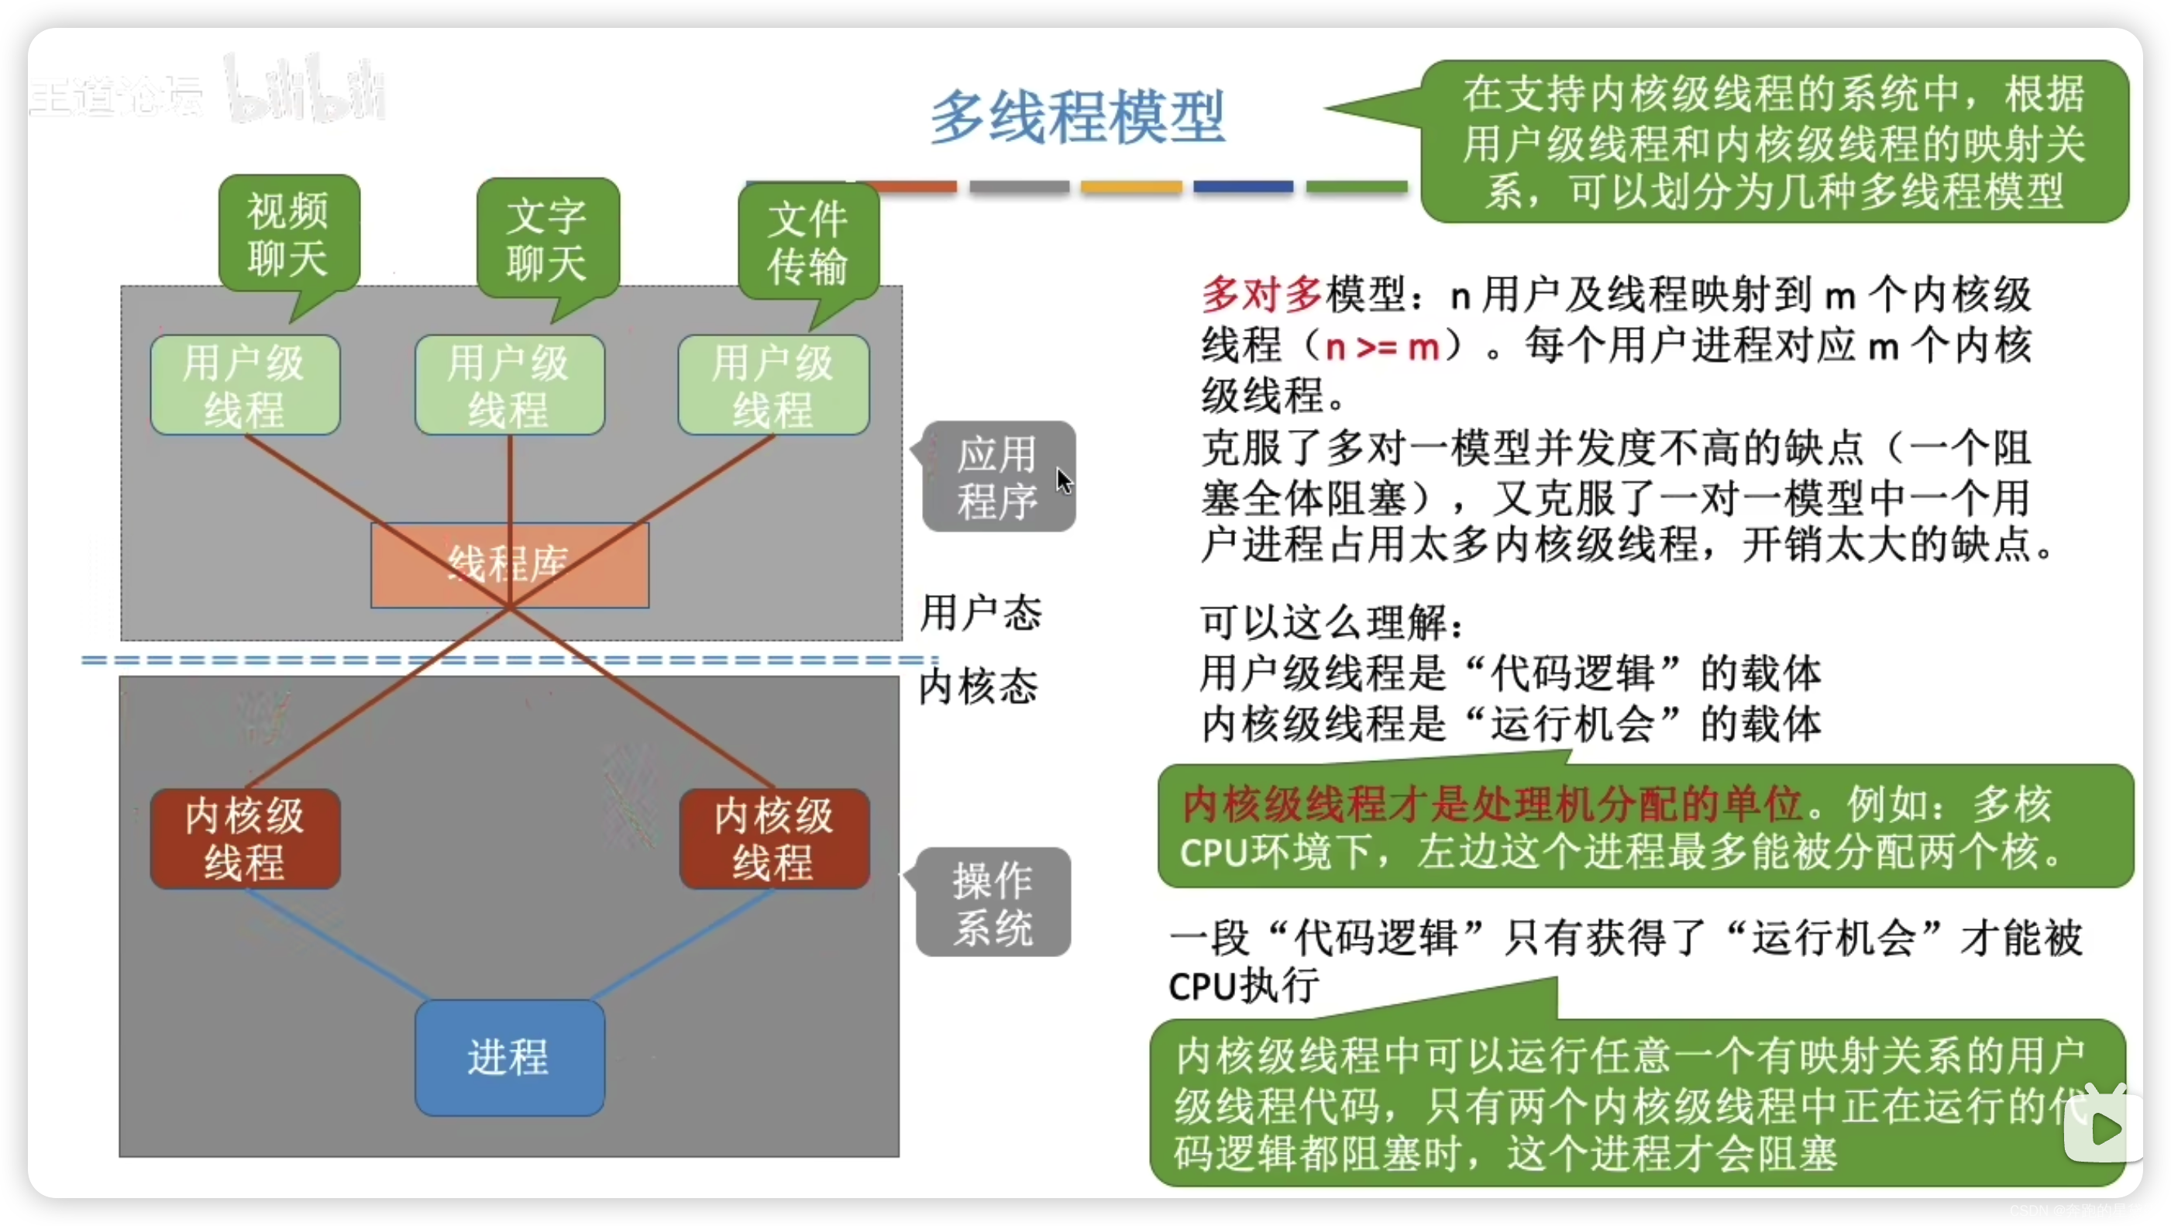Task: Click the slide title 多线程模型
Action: coord(1077,118)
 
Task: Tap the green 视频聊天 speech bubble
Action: coord(289,234)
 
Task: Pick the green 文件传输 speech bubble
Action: coord(808,243)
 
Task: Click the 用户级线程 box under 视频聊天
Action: coord(246,385)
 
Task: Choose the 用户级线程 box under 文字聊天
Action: coord(509,385)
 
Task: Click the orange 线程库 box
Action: coord(509,564)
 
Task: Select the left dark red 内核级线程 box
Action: coord(246,839)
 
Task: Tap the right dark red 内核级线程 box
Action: coord(774,839)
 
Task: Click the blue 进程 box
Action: coord(509,1057)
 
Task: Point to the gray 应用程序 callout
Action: coord(998,477)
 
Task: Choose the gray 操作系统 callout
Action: coord(993,902)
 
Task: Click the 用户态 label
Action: coord(981,612)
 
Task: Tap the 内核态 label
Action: coord(979,687)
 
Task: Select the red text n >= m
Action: coord(1382,346)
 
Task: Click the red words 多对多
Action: coord(1261,294)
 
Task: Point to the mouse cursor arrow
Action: coord(1064,480)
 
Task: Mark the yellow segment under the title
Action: coord(1131,186)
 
